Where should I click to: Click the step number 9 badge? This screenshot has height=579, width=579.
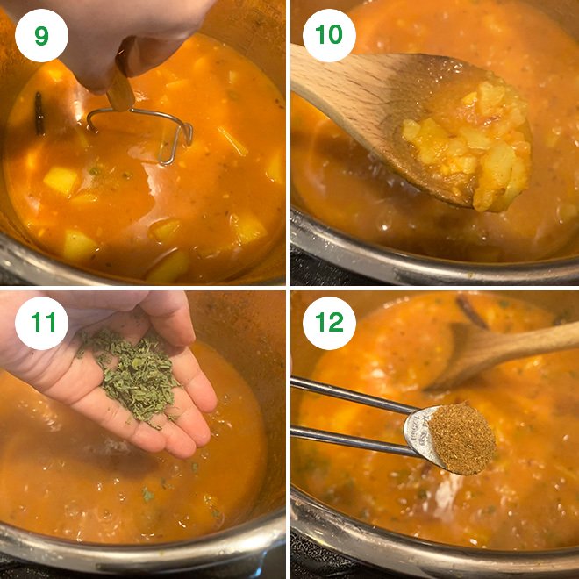point(41,35)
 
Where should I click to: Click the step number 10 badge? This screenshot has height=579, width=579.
point(328,35)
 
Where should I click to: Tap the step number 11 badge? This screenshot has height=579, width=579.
point(41,324)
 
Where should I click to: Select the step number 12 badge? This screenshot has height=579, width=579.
point(328,324)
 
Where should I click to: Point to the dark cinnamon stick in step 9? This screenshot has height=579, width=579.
point(39,114)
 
